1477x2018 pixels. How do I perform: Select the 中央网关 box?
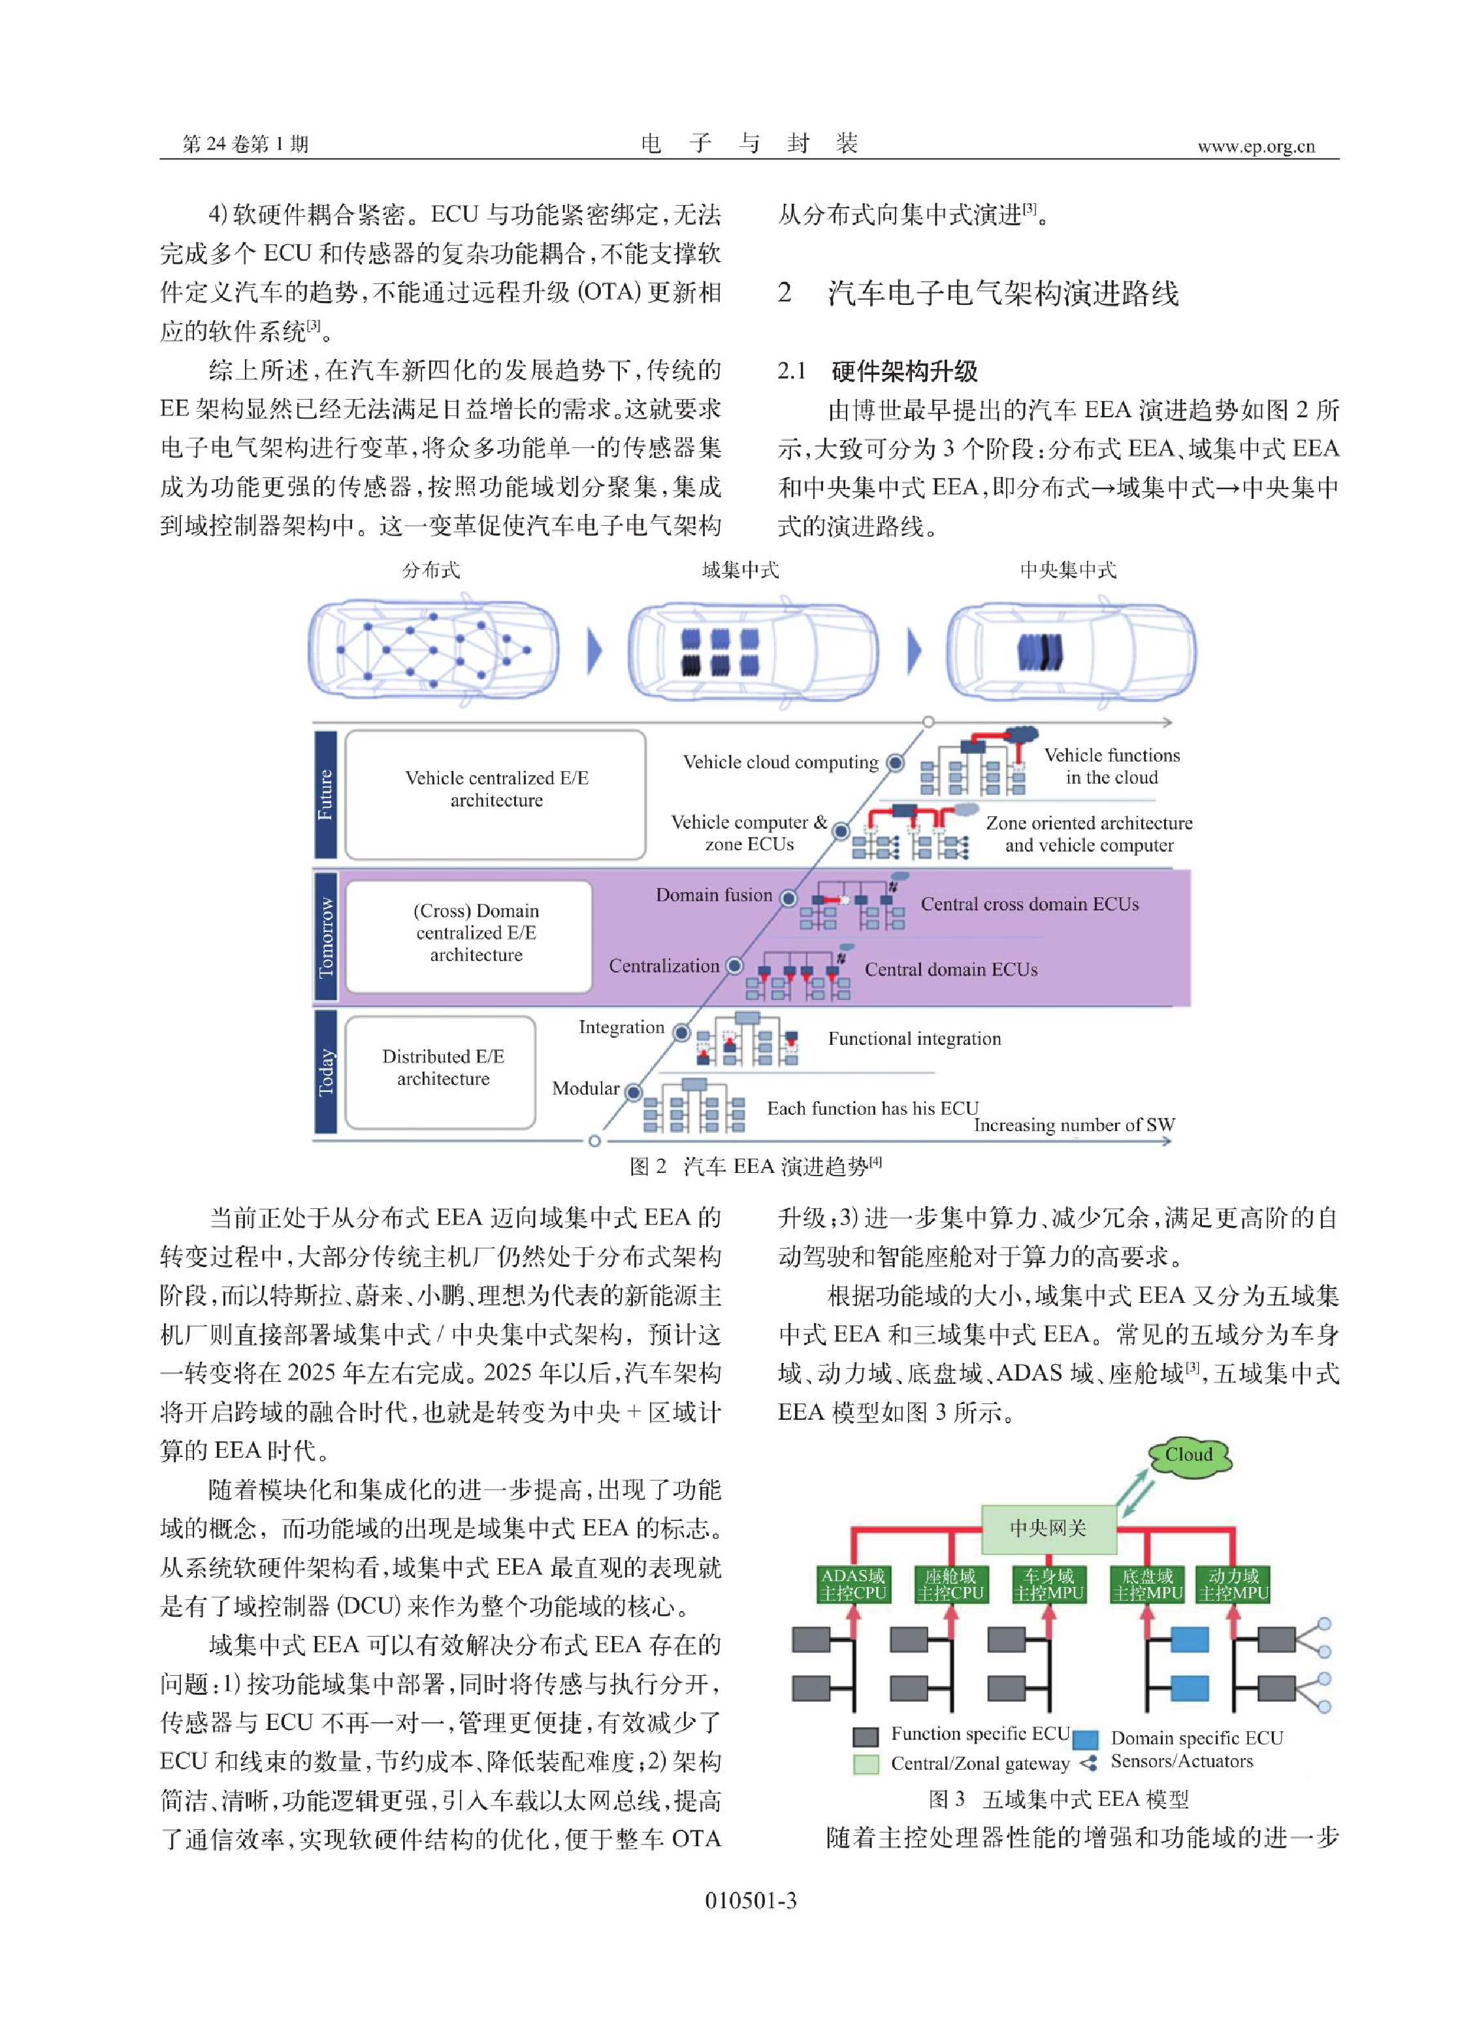point(1048,1528)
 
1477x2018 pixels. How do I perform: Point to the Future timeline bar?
point(325,795)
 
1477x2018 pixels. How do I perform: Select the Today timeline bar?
point(325,1070)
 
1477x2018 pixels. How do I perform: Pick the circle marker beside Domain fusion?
point(788,898)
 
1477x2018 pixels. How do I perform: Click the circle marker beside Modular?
point(633,1092)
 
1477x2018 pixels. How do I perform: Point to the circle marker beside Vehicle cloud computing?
point(895,762)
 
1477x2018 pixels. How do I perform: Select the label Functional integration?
point(915,1038)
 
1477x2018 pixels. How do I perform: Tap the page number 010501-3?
point(751,1900)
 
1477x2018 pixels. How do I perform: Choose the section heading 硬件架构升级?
point(905,371)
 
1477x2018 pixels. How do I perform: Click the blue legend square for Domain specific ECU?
point(1086,1739)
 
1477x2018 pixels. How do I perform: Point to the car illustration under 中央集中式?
point(1070,652)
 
